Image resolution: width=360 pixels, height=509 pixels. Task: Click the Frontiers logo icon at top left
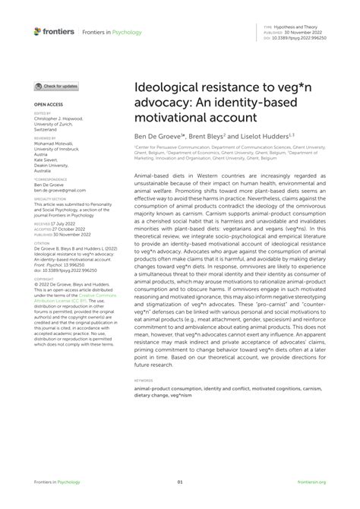pos(38,31)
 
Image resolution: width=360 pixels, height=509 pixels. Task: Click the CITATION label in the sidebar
pos(42,247)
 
